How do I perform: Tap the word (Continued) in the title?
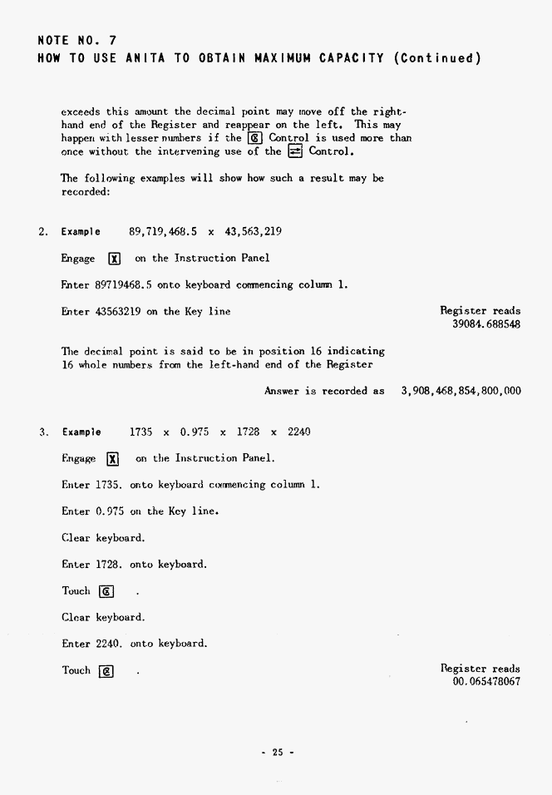pos(438,58)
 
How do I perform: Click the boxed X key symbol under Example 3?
pos(114,459)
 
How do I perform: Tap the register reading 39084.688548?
pos(486,324)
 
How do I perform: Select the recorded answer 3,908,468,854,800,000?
pos(461,391)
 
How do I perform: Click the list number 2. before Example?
pos(44,231)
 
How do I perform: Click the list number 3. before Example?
pos(44,432)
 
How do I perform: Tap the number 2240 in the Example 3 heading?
pos(299,432)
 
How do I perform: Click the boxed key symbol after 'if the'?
pos(257,138)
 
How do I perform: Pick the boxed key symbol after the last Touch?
pos(106,672)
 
